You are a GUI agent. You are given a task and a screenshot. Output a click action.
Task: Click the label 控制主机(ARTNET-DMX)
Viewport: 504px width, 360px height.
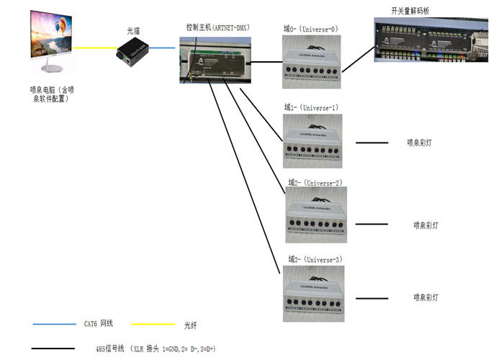[x=217, y=27]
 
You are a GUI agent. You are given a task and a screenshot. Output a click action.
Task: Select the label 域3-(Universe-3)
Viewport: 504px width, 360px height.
[x=315, y=259]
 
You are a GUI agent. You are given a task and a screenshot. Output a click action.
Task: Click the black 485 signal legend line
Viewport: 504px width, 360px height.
[x=54, y=349]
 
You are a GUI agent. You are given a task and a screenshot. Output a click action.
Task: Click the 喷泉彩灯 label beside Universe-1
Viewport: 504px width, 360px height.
[x=419, y=143]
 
